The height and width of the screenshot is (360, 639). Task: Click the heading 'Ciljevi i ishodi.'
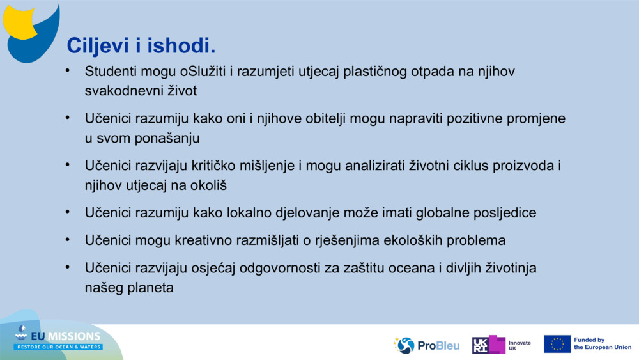coord(141,45)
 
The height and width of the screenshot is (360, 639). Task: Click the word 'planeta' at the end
coord(151,288)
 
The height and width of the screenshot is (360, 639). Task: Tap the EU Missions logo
coord(59,339)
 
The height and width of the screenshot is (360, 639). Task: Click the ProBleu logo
coord(426,345)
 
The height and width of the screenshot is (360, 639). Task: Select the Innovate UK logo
coord(501,345)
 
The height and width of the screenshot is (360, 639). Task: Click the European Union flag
coord(557,344)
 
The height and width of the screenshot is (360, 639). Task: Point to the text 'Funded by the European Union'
coord(602,344)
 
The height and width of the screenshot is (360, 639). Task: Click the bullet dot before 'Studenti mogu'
coord(67,70)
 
